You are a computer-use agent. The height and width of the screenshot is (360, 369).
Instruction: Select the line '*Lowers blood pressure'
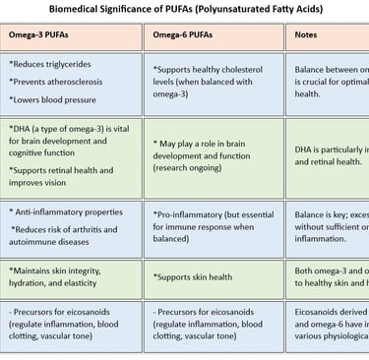coord(54,99)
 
